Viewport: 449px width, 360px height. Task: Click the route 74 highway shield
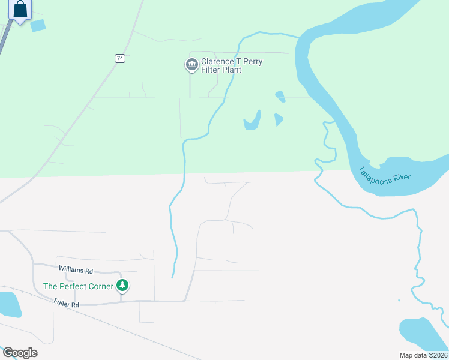click(x=121, y=58)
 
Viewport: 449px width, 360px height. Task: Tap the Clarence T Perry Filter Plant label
click(x=231, y=66)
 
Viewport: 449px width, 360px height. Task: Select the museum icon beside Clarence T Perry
click(x=191, y=65)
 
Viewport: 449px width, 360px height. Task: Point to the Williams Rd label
click(x=76, y=271)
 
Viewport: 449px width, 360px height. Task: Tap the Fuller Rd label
click(x=66, y=304)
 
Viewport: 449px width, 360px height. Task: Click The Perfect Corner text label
click(x=78, y=286)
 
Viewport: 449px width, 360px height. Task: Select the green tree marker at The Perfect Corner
click(x=122, y=286)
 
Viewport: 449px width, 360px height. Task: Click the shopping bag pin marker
click(x=20, y=10)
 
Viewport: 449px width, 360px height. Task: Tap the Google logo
click(x=20, y=353)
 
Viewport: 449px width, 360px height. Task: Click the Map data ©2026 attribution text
click(x=423, y=355)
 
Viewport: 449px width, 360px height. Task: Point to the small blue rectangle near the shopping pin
click(x=38, y=25)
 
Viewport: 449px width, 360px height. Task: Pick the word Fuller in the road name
click(x=62, y=304)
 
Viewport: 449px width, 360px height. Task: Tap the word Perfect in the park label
click(x=71, y=286)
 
